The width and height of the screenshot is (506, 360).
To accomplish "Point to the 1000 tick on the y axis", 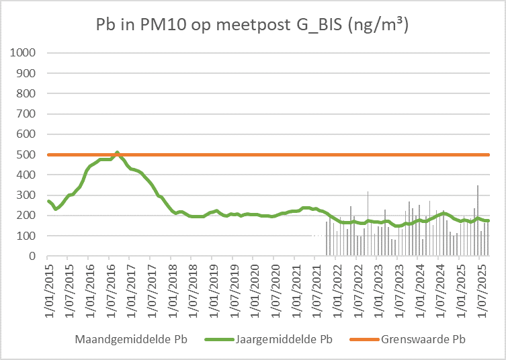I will click(x=25, y=52).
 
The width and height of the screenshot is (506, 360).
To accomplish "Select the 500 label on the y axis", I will click(x=28, y=154).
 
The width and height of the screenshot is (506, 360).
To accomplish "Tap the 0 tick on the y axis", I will click(x=33, y=257).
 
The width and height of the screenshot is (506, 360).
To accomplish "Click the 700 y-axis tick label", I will click(x=28, y=114).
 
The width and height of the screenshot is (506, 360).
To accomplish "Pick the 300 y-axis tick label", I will click(x=28, y=195).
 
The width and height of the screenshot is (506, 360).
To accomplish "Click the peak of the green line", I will click(x=117, y=152).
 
